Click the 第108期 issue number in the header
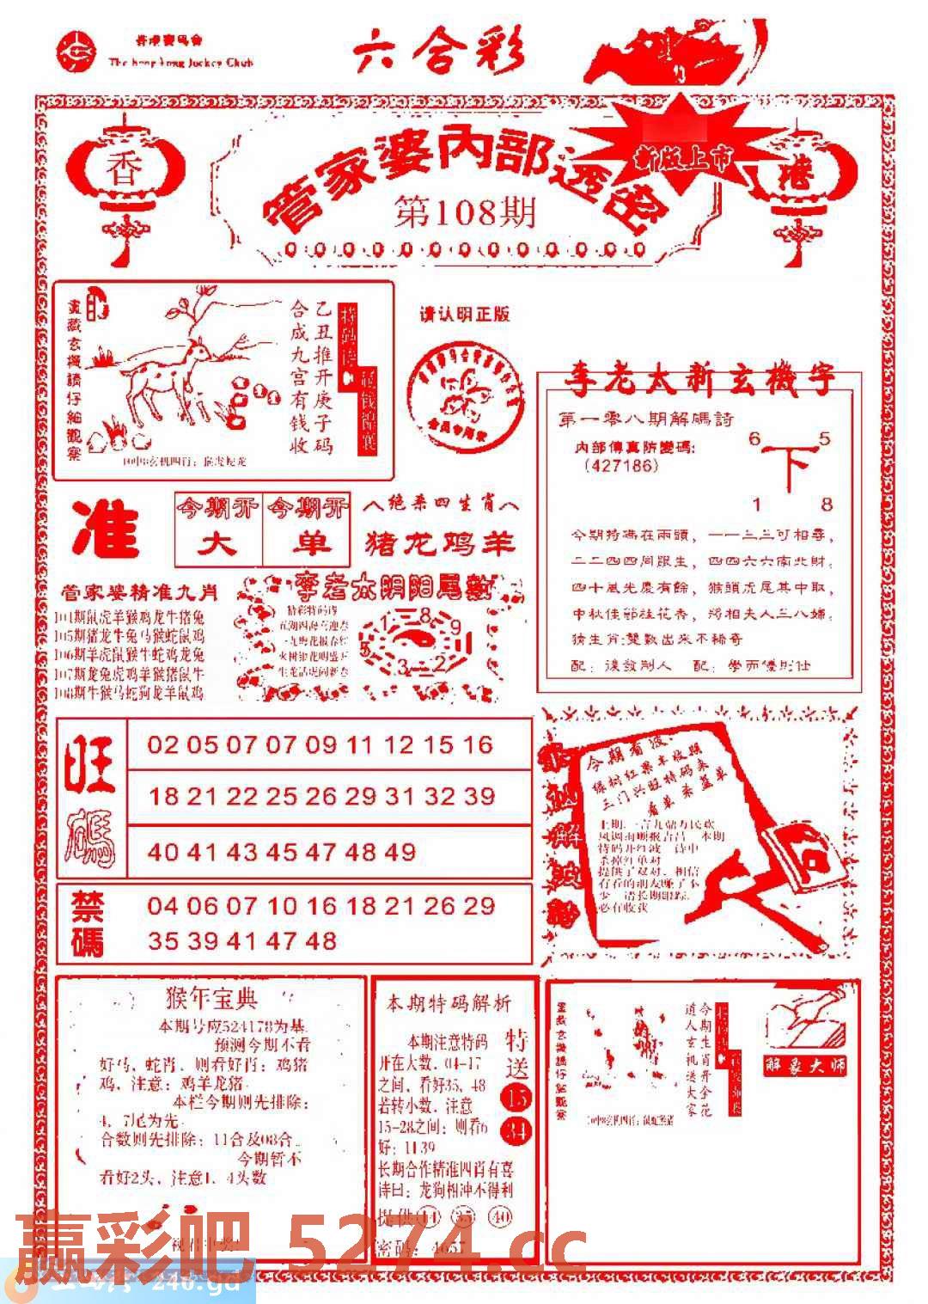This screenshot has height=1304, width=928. coord(465,212)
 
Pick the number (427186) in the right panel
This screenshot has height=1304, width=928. coord(621,466)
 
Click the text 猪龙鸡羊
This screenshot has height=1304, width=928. coord(440,543)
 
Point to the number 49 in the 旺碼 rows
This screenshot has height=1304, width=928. coord(399,852)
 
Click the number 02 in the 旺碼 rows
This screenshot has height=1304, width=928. coord(162,744)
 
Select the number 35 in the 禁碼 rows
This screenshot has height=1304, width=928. coord(162,940)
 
